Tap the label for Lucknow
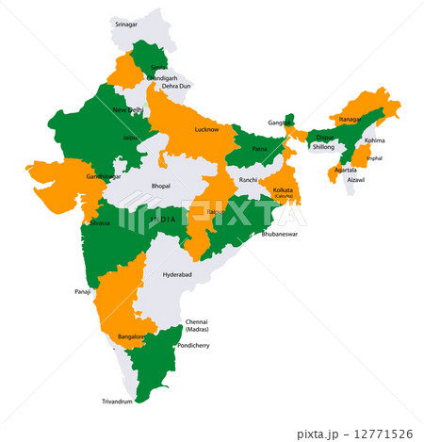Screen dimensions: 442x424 [206, 129]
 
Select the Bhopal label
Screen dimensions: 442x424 [161, 186]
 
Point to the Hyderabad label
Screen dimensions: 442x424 [177, 274]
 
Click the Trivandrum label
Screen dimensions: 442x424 [120, 401]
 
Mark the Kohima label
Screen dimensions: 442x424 [375, 140]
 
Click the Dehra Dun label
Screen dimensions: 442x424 [175, 87]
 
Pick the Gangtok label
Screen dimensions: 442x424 [278, 123]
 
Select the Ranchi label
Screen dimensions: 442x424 [248, 179]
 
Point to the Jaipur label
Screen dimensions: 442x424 [131, 138]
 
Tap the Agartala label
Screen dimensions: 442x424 [344, 170]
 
